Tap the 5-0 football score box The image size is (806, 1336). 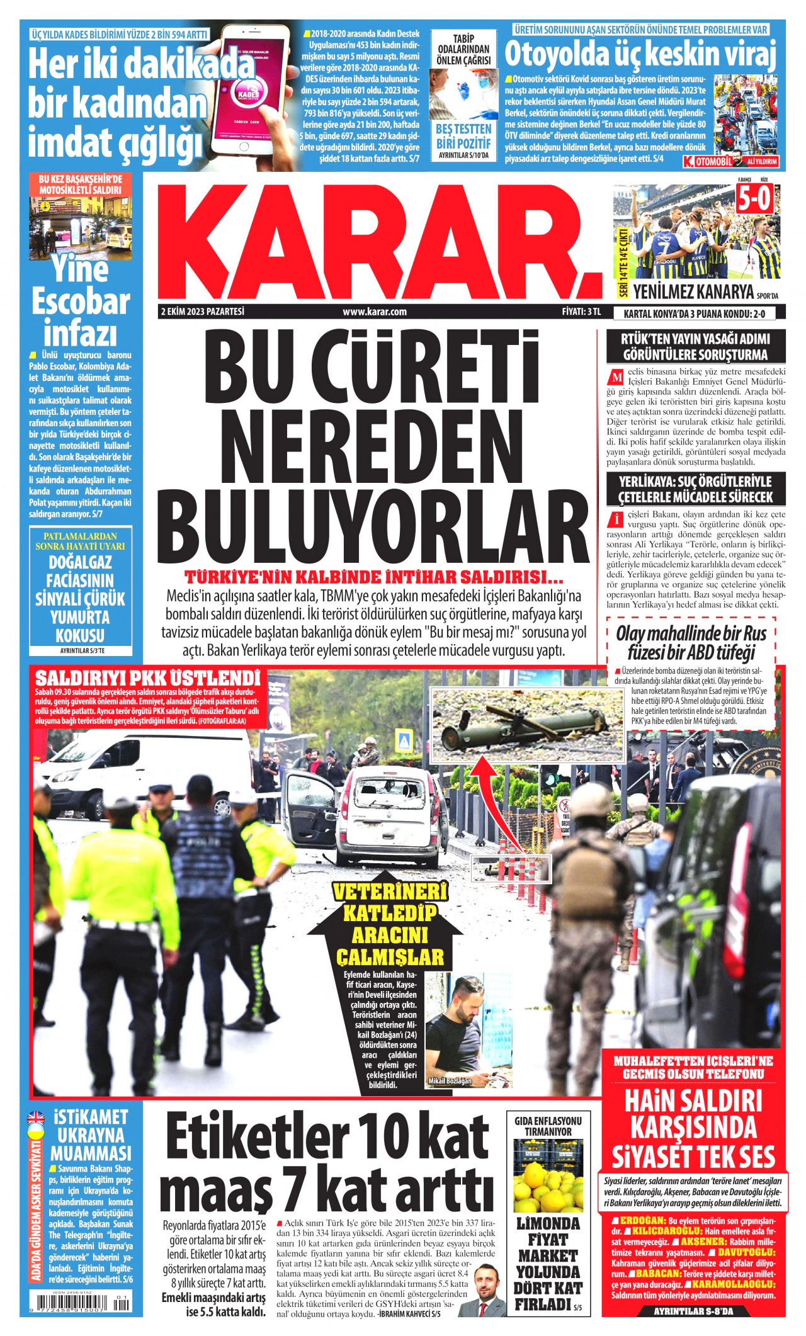click(x=754, y=200)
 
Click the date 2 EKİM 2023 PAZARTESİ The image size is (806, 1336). click(x=202, y=312)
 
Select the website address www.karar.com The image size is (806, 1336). click(x=375, y=312)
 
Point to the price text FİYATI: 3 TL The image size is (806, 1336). click(x=581, y=312)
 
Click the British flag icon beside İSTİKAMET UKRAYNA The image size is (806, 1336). click(x=36, y=1118)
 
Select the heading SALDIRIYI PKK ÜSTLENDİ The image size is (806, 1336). click(x=148, y=679)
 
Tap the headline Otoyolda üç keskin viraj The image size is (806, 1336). click(x=639, y=55)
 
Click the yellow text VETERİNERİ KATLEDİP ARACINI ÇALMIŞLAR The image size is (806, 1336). click(x=389, y=924)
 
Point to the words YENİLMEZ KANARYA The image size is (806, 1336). click(x=693, y=292)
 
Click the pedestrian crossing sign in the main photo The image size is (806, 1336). click(x=402, y=738)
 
